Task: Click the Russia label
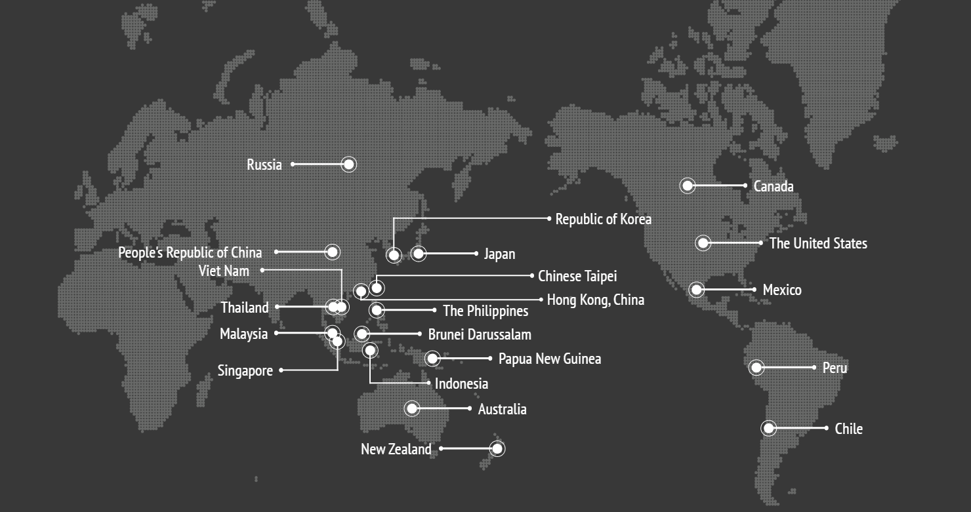(264, 165)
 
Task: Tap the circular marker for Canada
(687, 186)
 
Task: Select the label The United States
(817, 244)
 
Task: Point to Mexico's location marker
(696, 289)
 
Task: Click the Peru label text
(835, 368)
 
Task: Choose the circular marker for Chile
(768, 428)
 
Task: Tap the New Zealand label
(396, 449)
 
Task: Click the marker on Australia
(411, 408)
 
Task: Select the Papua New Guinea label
(549, 359)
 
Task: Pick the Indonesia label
(461, 384)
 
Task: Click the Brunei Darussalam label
(479, 334)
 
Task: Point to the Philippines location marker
(377, 310)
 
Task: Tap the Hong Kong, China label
(595, 300)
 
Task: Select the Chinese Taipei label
(577, 276)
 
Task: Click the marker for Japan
(419, 253)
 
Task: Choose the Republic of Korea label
(603, 219)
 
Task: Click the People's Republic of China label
(190, 252)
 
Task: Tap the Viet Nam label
(224, 271)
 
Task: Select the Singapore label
(245, 371)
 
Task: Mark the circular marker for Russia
(349, 164)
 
